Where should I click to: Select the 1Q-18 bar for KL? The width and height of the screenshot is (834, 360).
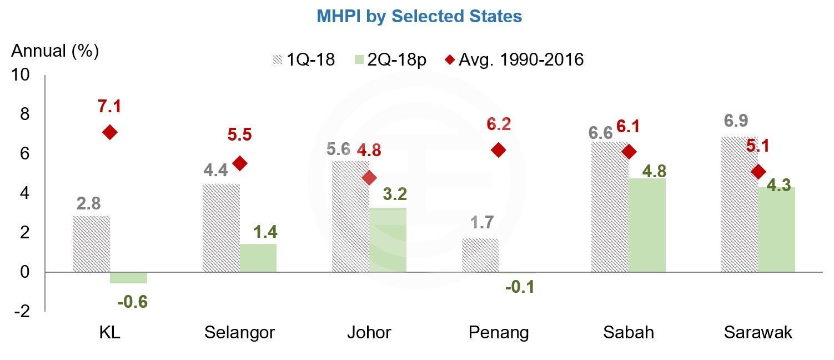pyautogui.click(x=91, y=244)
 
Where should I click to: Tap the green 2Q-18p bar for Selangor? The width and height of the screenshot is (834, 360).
pyautogui.click(x=258, y=258)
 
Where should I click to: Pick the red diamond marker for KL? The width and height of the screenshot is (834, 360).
pyautogui.click(x=110, y=132)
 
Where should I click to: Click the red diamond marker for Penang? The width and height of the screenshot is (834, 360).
pyautogui.click(x=499, y=150)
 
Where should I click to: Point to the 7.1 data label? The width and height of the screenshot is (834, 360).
pyautogui.click(x=110, y=106)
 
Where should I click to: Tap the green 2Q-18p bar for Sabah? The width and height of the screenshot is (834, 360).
pyautogui.click(x=647, y=225)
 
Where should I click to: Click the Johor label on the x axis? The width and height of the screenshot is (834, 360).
pyautogui.click(x=369, y=332)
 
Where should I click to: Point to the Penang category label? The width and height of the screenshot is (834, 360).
pyautogui.click(x=499, y=332)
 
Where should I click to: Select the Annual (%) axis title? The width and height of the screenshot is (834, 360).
pyautogui.click(x=55, y=51)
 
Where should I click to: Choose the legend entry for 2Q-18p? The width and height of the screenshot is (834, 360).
pyautogui.click(x=389, y=59)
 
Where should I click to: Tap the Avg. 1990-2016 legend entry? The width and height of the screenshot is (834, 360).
pyautogui.click(x=514, y=59)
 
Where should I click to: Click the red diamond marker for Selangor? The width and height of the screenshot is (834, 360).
pyautogui.click(x=240, y=163)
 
